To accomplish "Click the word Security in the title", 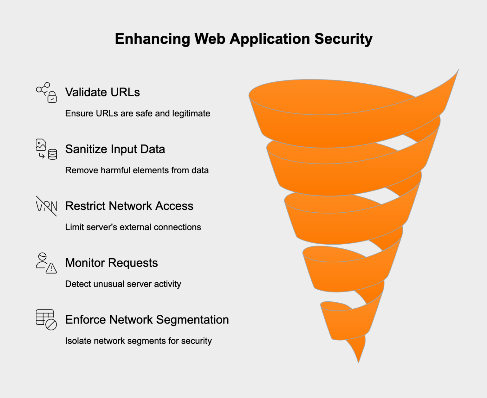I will [343, 39].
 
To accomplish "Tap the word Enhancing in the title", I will [152, 39].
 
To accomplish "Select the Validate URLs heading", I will [102, 92].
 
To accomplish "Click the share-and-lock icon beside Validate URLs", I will [46, 92].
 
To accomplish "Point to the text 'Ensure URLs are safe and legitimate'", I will [138, 113].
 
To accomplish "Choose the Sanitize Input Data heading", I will [115, 149].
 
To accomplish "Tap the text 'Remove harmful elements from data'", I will [137, 170].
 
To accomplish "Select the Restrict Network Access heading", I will [129, 206].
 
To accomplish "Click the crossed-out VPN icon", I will [46, 206].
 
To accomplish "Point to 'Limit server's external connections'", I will [133, 227].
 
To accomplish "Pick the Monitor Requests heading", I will [111, 263].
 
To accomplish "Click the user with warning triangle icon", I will [46, 263].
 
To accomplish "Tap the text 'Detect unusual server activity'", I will [123, 284].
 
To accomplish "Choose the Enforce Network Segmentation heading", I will [147, 320].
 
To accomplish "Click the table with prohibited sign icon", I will [46, 320].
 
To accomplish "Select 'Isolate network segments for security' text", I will [138, 341].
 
